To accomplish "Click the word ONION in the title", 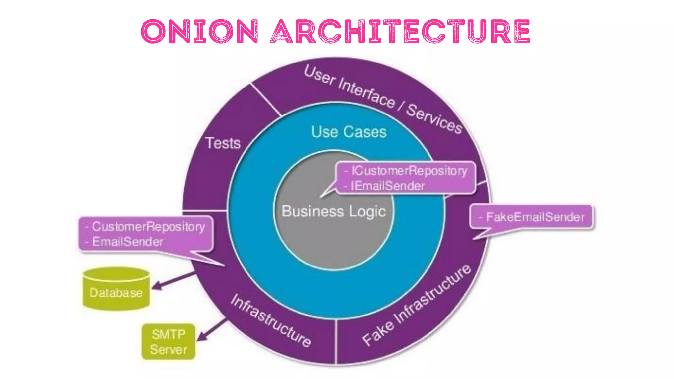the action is coord(199,32).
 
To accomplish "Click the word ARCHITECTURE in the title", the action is coord(400,32).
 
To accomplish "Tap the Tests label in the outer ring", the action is coord(223,143).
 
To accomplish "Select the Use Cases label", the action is coord(349,132).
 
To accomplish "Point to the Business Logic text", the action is coord(333,212).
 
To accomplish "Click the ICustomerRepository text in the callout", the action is coord(409,171).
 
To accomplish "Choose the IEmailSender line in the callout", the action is coord(388,186).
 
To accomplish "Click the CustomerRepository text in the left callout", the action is coord(148,227).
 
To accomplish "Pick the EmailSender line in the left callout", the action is coord(128,242).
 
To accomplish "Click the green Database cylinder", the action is coord(116,290).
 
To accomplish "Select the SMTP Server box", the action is coord(168,342).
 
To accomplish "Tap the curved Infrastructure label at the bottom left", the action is coord(271,321).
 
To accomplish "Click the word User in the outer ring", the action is coord(319,75).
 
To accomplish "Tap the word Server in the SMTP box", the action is coord(168,350).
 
